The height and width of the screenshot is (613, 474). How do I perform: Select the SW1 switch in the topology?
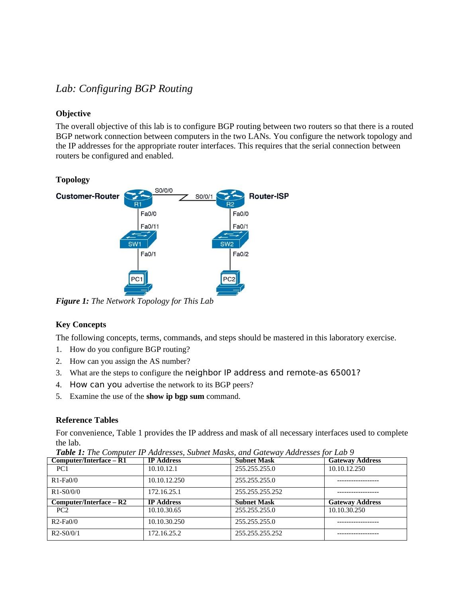point(138,240)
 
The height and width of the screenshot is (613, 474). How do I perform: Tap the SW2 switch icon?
point(230,240)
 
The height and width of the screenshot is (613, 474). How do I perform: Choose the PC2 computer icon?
point(230,282)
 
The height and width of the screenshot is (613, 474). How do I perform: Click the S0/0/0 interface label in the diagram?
point(163,191)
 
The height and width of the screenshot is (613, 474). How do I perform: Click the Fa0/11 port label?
point(150,226)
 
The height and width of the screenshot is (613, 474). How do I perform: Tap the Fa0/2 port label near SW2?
point(241,254)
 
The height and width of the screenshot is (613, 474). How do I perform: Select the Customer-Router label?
point(88,196)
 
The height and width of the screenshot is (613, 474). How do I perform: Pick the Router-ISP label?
point(269,196)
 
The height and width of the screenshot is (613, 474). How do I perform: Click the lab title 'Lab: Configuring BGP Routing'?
point(124,88)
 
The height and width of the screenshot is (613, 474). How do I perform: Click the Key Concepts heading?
point(81,324)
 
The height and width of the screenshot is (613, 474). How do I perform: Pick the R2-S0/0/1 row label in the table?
point(66,533)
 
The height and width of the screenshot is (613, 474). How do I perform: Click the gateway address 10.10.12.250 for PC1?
point(347,469)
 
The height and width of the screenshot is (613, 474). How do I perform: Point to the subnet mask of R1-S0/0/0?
point(259,492)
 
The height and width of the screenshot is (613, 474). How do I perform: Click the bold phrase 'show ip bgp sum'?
point(175,396)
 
